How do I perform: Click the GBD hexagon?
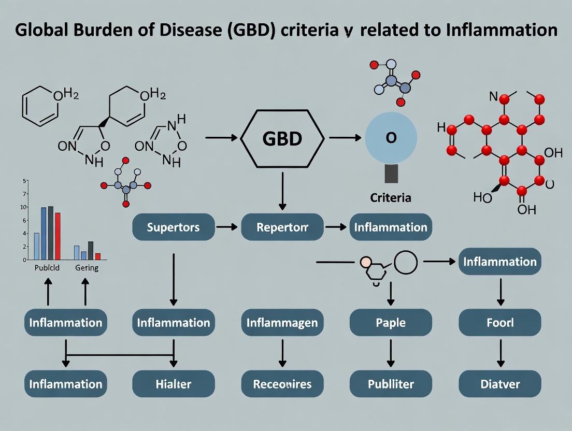click(x=282, y=138)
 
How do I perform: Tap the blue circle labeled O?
click(x=391, y=137)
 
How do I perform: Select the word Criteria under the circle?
click(x=391, y=197)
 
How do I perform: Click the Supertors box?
click(x=173, y=227)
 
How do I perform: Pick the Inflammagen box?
click(x=282, y=323)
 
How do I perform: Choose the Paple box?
click(x=391, y=323)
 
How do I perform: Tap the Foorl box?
click(x=500, y=323)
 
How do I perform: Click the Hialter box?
click(x=173, y=384)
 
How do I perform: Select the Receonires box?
click(x=282, y=384)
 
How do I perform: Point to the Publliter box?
click(x=391, y=384)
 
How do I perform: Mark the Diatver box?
click(x=500, y=384)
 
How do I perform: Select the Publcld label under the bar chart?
click(x=47, y=268)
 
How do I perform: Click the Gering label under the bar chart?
click(x=87, y=268)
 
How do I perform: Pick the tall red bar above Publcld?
click(x=58, y=236)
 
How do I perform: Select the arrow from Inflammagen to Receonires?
click(x=282, y=353)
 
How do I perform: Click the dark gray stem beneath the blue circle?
click(x=391, y=173)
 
